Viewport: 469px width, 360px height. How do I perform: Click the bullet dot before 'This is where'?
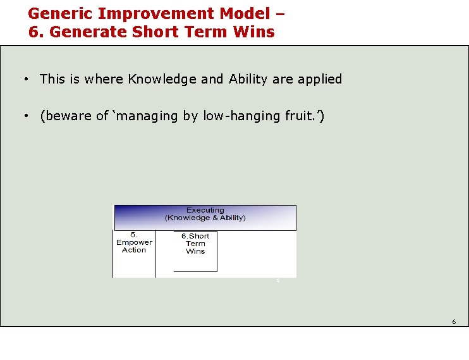(25, 80)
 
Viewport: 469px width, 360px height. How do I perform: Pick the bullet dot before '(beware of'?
(25, 116)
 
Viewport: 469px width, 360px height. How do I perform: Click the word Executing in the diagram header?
(205, 210)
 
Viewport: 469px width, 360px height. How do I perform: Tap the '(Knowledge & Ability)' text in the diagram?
(205, 218)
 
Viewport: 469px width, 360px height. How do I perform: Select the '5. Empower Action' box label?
(134, 242)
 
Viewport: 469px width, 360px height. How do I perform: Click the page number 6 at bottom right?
(453, 322)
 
